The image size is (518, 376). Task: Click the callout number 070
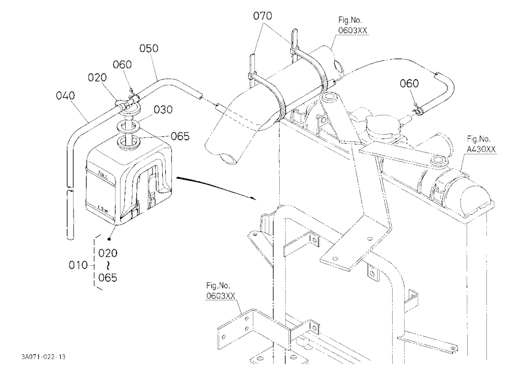(x=263, y=16)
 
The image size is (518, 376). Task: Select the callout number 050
(x=149, y=48)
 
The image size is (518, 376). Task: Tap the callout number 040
(x=65, y=96)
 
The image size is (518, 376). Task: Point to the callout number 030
(x=163, y=109)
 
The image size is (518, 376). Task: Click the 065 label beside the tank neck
(x=180, y=136)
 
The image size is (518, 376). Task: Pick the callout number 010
(x=78, y=265)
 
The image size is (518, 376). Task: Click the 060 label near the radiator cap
(x=409, y=83)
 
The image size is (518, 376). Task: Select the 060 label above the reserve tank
(x=122, y=64)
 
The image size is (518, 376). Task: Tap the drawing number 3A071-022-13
(x=44, y=357)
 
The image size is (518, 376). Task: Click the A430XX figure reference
(x=481, y=149)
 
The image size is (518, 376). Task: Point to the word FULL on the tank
(x=103, y=173)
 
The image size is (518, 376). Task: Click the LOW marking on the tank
(x=104, y=207)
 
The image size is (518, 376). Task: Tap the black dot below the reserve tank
(x=109, y=239)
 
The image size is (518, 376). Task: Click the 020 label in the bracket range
(x=108, y=253)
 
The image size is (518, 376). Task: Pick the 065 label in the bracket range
(x=108, y=278)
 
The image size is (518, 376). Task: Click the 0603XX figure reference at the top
(x=352, y=31)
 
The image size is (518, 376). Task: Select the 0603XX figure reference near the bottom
(x=220, y=295)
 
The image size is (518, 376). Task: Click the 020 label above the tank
(x=97, y=78)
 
